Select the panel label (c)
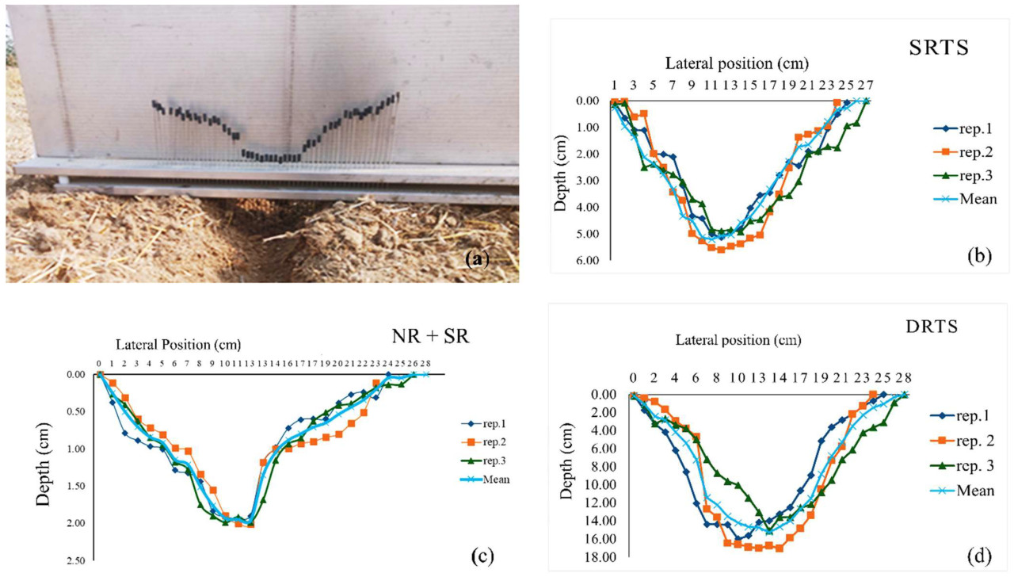[482, 555]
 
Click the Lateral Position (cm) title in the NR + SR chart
[178, 345]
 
